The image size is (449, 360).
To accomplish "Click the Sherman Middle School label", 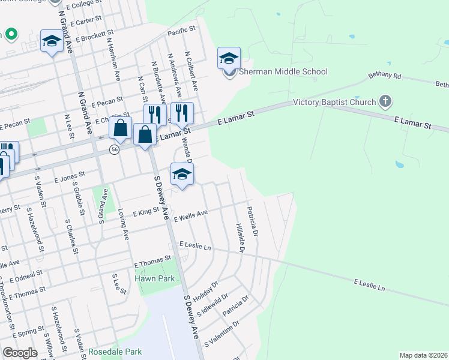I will pos(283,72).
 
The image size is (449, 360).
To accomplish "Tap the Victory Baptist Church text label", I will pos(334,102).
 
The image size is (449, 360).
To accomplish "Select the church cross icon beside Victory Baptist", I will pos(385,102).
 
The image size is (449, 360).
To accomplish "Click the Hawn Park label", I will pos(154,278).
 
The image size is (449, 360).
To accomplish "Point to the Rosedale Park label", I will pos(115,352).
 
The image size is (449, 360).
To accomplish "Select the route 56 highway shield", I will pos(114,149).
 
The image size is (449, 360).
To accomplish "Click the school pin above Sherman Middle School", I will pos(229,59).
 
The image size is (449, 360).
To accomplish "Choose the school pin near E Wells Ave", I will pos(182,175).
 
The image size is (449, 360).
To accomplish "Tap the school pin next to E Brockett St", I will pos(52,41).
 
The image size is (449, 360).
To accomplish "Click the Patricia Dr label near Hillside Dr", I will pos(252,221).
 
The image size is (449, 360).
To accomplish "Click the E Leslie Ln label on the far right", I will pos(369,284).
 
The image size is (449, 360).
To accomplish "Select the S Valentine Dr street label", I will pos(221,334).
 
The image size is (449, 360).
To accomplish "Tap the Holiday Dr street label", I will pos(207,290).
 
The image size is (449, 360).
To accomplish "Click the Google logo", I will pos(20,353).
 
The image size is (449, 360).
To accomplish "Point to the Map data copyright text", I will pos(423,355).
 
